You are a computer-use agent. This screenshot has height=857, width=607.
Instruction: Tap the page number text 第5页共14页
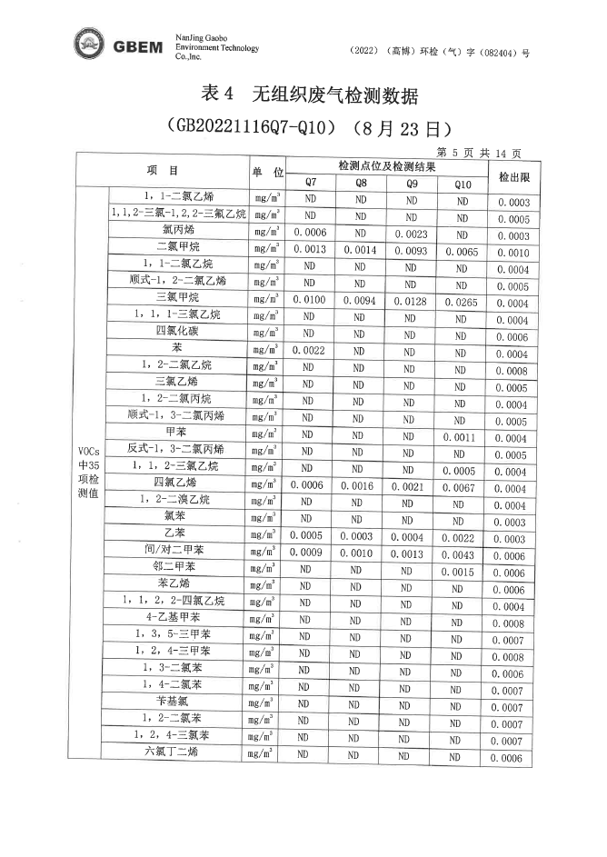click(479, 152)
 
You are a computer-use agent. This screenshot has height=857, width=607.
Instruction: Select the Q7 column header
click(311, 183)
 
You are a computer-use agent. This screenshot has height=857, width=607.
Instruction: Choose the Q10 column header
click(463, 184)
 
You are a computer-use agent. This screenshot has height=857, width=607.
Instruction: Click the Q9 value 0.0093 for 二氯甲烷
click(412, 250)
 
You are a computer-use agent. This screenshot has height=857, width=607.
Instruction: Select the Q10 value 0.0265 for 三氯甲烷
click(463, 302)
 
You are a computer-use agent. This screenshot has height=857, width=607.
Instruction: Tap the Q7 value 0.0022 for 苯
click(309, 350)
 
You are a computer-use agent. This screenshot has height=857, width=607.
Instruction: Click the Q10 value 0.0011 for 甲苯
click(463, 437)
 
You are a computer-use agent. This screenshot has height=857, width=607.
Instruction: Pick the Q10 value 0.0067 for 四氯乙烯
click(463, 487)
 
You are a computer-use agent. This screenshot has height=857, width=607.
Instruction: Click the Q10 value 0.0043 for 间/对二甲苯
click(463, 554)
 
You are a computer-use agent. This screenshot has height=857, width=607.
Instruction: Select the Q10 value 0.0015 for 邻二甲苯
click(463, 572)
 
